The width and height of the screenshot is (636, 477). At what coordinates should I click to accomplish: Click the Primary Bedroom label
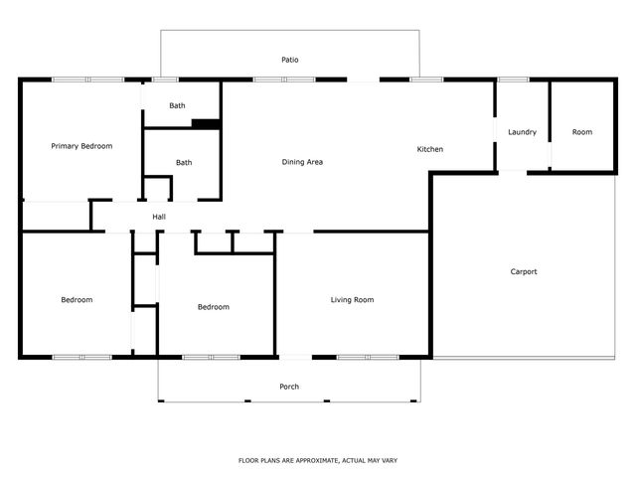[x=81, y=146]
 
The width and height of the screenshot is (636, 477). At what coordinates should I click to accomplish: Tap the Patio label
[x=289, y=61]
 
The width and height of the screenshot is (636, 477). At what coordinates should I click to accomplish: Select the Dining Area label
[x=302, y=162]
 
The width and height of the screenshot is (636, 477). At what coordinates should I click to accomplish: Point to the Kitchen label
[x=429, y=149]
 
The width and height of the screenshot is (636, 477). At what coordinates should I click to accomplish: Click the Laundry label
[x=522, y=132]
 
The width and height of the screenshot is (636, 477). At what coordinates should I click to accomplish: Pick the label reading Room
[x=581, y=132]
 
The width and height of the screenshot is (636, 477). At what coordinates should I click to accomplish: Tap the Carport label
[x=524, y=271]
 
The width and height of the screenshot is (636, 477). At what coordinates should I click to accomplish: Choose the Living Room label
[x=352, y=299]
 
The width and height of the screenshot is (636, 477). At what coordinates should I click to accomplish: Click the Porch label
[x=289, y=387]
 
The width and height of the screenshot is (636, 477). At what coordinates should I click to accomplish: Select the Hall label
[x=159, y=217]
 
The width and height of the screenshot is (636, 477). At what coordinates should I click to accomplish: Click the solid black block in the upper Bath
[x=206, y=123]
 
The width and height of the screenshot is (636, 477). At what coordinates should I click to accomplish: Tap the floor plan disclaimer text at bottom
[x=318, y=460]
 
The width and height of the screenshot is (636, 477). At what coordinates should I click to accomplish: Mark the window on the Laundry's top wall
[x=512, y=79]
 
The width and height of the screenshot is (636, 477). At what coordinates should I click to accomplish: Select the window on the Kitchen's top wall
[x=426, y=79]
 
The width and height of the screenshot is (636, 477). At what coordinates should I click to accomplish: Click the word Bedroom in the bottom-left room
[x=77, y=299]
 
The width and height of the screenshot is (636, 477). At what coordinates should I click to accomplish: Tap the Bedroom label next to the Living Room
[x=213, y=307]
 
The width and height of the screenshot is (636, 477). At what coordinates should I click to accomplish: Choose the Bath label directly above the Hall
[x=184, y=163]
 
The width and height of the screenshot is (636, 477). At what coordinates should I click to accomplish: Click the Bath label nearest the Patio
[x=177, y=105]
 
